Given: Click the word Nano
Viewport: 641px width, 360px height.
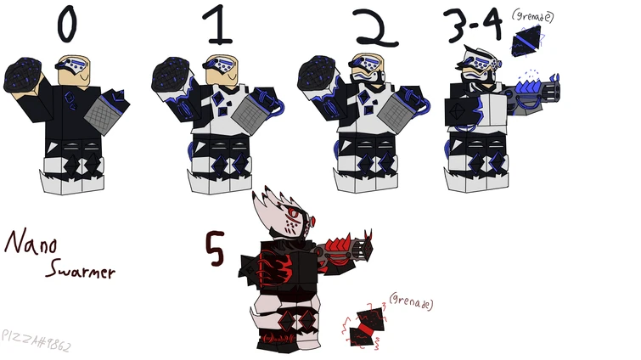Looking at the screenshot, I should coord(31,245).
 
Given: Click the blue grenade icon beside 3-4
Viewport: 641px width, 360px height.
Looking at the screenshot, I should coord(529,41).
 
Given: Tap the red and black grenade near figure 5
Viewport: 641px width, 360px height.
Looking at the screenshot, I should coord(367,328).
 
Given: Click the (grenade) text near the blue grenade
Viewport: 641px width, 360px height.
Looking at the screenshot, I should coord(533,15).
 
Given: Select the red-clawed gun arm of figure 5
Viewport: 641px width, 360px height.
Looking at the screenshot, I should coord(345,249).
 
